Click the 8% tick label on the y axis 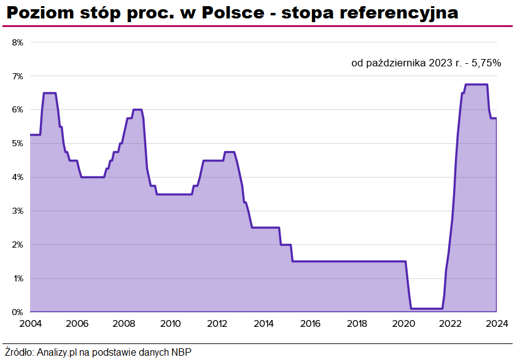17,42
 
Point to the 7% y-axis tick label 17,76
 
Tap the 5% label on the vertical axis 17,144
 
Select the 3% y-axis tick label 17,211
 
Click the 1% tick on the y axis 17,279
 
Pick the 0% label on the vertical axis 17,313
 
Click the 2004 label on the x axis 30,324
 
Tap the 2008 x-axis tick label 123,324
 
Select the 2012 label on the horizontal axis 217,324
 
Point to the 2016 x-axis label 310,324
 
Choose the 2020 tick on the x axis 403,324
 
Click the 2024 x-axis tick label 496,324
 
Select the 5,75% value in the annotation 486,62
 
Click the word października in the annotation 393,62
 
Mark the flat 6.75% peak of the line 476,85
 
